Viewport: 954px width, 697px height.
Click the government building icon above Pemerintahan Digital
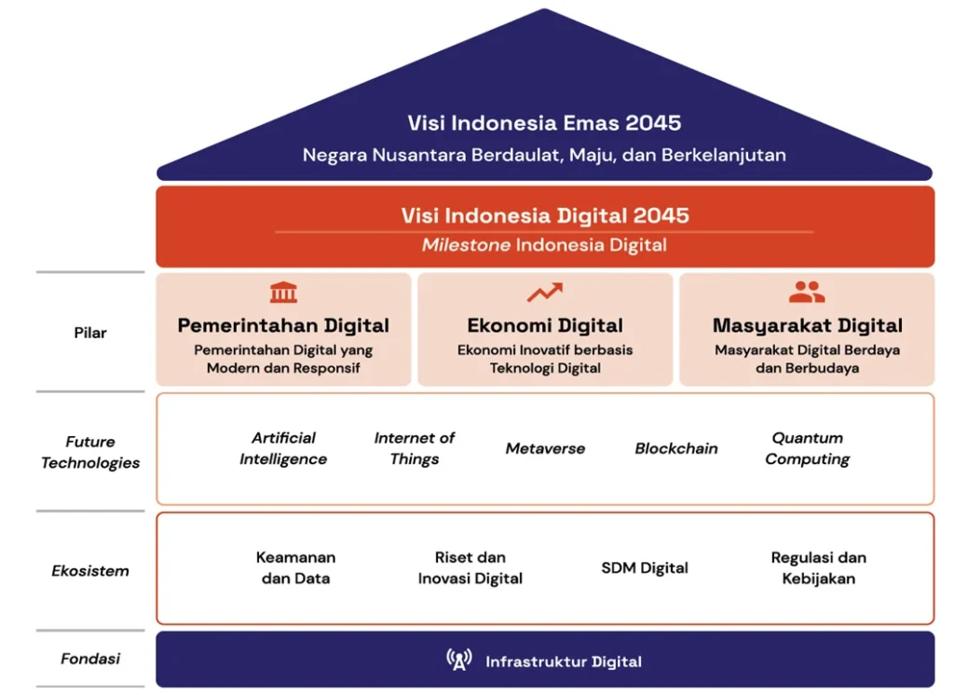[283, 293]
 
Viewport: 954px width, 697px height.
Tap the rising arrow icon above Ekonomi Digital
[545, 293]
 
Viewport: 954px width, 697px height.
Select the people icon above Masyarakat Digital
[807, 293]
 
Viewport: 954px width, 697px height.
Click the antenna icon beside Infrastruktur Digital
[459, 661]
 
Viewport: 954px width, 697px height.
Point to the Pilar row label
[90, 333]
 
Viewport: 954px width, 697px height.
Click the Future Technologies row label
[90, 452]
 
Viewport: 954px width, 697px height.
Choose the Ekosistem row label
[90, 570]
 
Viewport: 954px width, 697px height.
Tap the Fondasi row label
[90, 659]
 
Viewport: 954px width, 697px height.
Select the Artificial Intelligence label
[283, 448]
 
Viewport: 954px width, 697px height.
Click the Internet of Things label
[415, 448]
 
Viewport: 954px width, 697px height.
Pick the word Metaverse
[545, 448]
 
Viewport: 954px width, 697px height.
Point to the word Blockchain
[676, 448]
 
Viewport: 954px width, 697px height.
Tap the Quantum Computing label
[808, 448]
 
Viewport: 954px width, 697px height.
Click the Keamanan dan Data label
[295, 567]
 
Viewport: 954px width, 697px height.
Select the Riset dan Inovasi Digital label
[470, 567]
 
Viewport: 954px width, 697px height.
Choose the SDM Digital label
[645, 567]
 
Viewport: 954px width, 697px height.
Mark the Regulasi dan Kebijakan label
[819, 567]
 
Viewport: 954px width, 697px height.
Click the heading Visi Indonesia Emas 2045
[544, 123]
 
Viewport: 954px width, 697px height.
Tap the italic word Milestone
[466, 245]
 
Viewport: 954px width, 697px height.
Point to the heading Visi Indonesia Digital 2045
[545, 215]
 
